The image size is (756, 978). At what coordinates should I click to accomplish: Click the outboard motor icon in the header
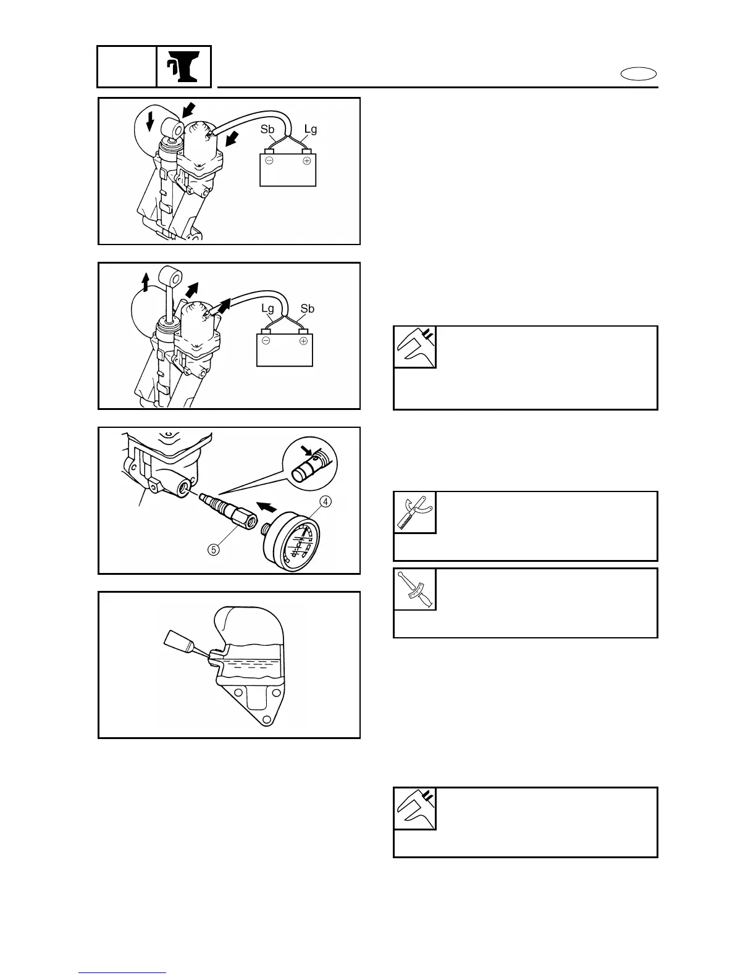pos(183,67)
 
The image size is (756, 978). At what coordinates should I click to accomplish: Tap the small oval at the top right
pos(639,75)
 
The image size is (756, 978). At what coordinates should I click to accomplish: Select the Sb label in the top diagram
pos(267,129)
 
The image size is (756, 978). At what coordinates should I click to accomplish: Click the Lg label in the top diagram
pos(310,129)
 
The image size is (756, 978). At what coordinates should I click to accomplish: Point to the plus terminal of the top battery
pos(306,161)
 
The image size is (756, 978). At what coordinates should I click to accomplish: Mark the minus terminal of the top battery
pos(269,161)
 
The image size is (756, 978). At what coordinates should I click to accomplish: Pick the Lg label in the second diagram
pos(267,308)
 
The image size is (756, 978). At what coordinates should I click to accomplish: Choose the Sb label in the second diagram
pos(307,308)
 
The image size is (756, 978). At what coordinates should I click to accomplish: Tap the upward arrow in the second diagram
pos(145,282)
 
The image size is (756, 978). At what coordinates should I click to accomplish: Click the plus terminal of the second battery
pos(303,341)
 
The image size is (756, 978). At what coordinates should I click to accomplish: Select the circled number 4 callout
pos(325,501)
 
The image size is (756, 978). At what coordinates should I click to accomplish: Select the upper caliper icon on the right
pos(415,347)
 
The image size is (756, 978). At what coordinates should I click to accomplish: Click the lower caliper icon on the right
pos(415,808)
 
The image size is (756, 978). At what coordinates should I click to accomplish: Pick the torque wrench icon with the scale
pos(415,589)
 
